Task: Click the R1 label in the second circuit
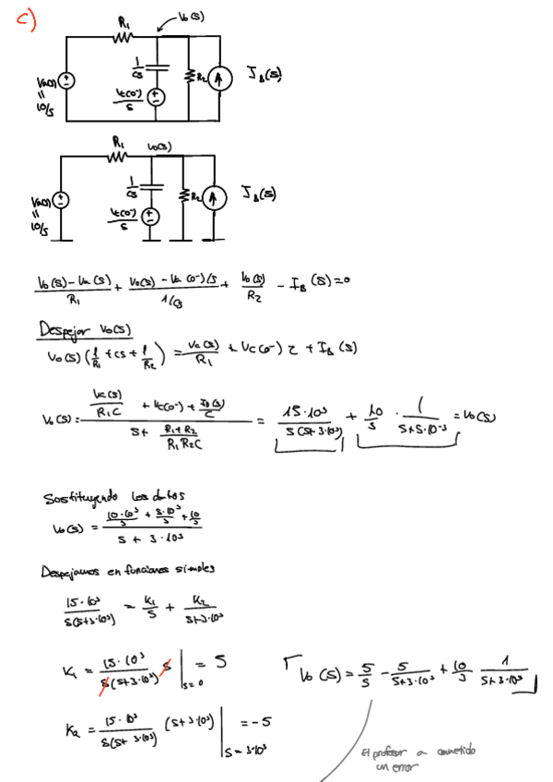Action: point(117,143)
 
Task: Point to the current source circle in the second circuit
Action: point(215,196)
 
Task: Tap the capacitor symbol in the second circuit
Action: point(153,185)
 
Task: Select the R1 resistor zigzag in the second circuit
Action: point(117,157)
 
